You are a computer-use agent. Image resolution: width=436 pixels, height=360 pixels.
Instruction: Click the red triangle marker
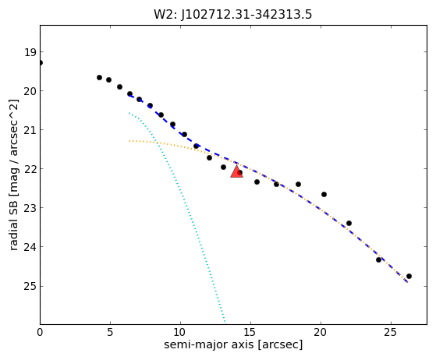[x=236, y=171]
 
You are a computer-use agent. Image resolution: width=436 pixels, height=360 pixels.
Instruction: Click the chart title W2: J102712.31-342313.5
[x=233, y=15]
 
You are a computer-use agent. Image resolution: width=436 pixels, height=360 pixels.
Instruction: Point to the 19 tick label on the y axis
[x=30, y=52]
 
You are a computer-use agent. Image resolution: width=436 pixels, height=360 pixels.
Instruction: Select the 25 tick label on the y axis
[x=30, y=286]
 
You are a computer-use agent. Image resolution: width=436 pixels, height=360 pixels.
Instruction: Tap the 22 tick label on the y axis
[x=30, y=169]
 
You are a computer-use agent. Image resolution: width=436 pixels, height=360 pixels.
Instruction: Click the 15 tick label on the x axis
[x=250, y=332]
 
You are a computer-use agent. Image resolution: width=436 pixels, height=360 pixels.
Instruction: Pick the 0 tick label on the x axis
[x=40, y=332]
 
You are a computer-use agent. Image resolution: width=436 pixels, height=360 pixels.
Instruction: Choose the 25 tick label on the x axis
[x=391, y=332]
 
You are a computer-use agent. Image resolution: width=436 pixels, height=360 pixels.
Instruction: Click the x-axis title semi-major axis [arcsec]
[x=233, y=344]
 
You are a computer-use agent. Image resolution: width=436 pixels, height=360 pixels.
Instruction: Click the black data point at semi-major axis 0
[x=41, y=63]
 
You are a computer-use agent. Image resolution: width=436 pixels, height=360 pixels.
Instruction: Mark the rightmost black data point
[x=409, y=276]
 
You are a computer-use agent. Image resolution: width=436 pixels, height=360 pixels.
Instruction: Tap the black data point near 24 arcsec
[x=378, y=259]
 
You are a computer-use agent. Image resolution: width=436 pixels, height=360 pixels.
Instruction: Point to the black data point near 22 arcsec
[x=349, y=223]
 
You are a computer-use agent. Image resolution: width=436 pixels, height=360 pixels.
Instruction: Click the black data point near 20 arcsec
[x=324, y=194]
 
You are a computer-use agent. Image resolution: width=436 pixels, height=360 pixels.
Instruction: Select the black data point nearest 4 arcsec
[x=99, y=77]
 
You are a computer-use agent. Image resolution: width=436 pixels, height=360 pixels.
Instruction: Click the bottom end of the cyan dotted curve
[x=225, y=323]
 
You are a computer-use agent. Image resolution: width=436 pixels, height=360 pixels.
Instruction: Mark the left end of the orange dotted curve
[x=129, y=141]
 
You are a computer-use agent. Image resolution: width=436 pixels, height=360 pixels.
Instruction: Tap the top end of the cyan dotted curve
[x=129, y=113]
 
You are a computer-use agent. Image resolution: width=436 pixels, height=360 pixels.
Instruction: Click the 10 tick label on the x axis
[x=180, y=332]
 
